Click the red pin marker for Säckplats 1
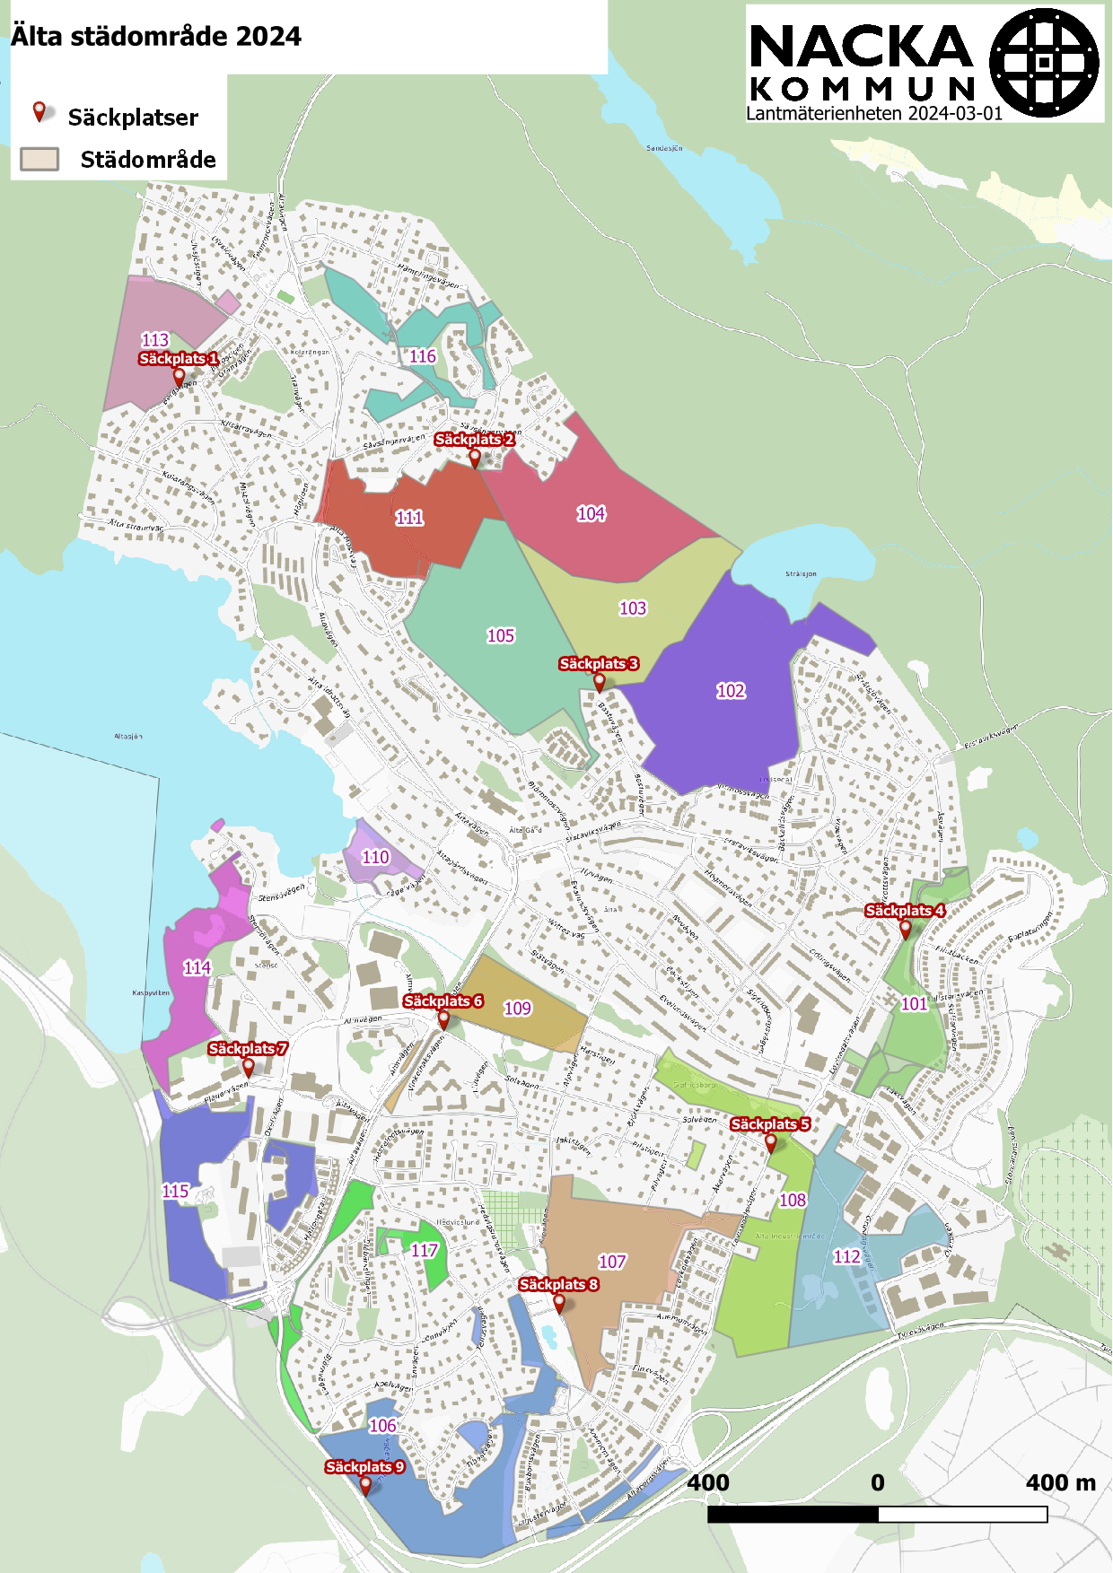(179, 375)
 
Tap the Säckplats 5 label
(770, 1124)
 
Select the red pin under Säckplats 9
(365, 1485)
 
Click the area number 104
(591, 513)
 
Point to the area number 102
(731, 690)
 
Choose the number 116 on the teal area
(423, 356)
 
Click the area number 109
(517, 1008)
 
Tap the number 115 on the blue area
(175, 1191)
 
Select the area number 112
(846, 1256)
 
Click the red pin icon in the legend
(39, 112)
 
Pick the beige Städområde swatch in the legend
(39, 160)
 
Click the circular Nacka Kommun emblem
(1044, 63)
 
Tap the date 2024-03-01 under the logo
(955, 114)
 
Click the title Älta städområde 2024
(156, 37)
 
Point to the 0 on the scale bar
(877, 1482)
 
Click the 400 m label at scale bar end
(1060, 1482)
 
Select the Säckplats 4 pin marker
(906, 929)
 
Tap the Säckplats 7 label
(248, 1048)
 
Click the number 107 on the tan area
(612, 1262)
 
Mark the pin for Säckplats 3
(600, 682)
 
